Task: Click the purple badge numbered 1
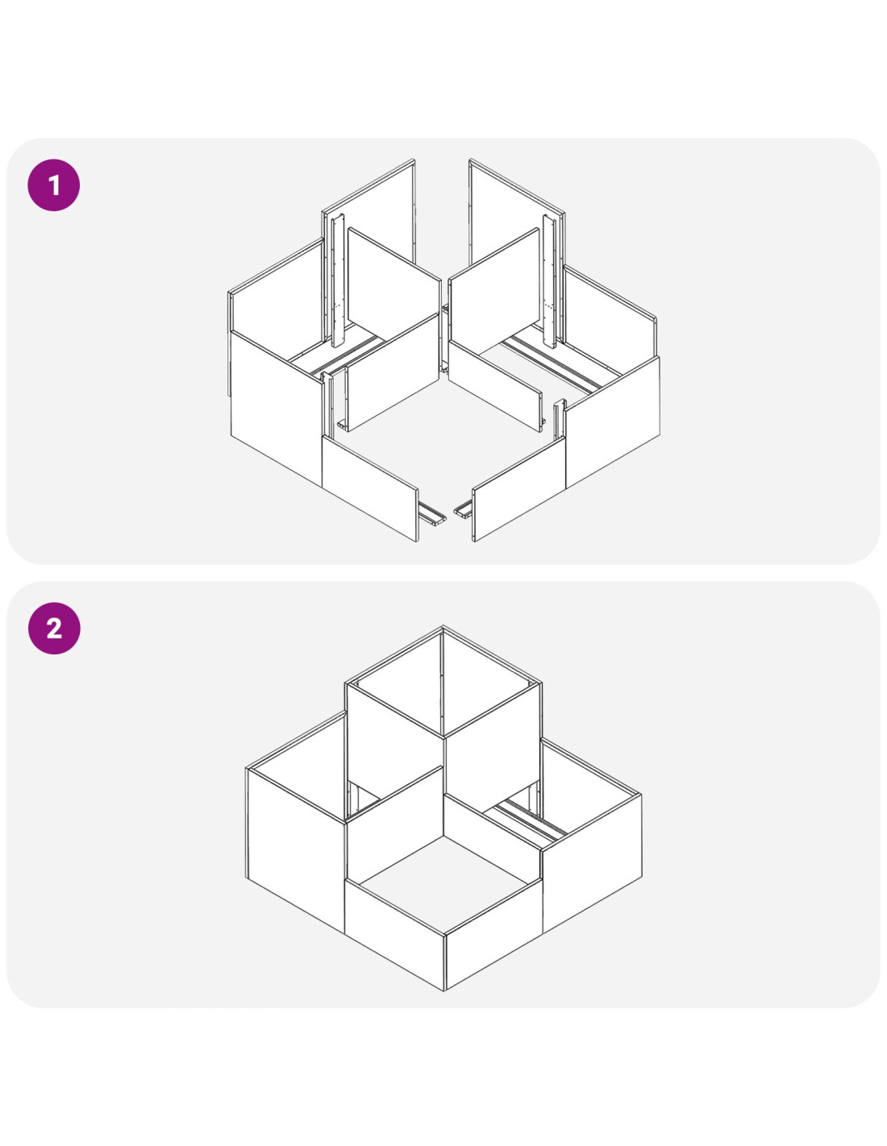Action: [54, 185]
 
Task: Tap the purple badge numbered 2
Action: [54, 628]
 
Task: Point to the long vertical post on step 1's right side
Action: [550, 281]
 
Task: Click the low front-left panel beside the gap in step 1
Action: [370, 488]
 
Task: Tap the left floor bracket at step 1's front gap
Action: [432, 513]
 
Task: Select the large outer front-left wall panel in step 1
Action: [277, 408]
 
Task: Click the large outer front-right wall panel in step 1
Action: [613, 421]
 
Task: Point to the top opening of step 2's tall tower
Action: [443, 682]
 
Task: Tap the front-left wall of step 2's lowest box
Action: [394, 934]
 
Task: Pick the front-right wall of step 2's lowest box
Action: [493, 934]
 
